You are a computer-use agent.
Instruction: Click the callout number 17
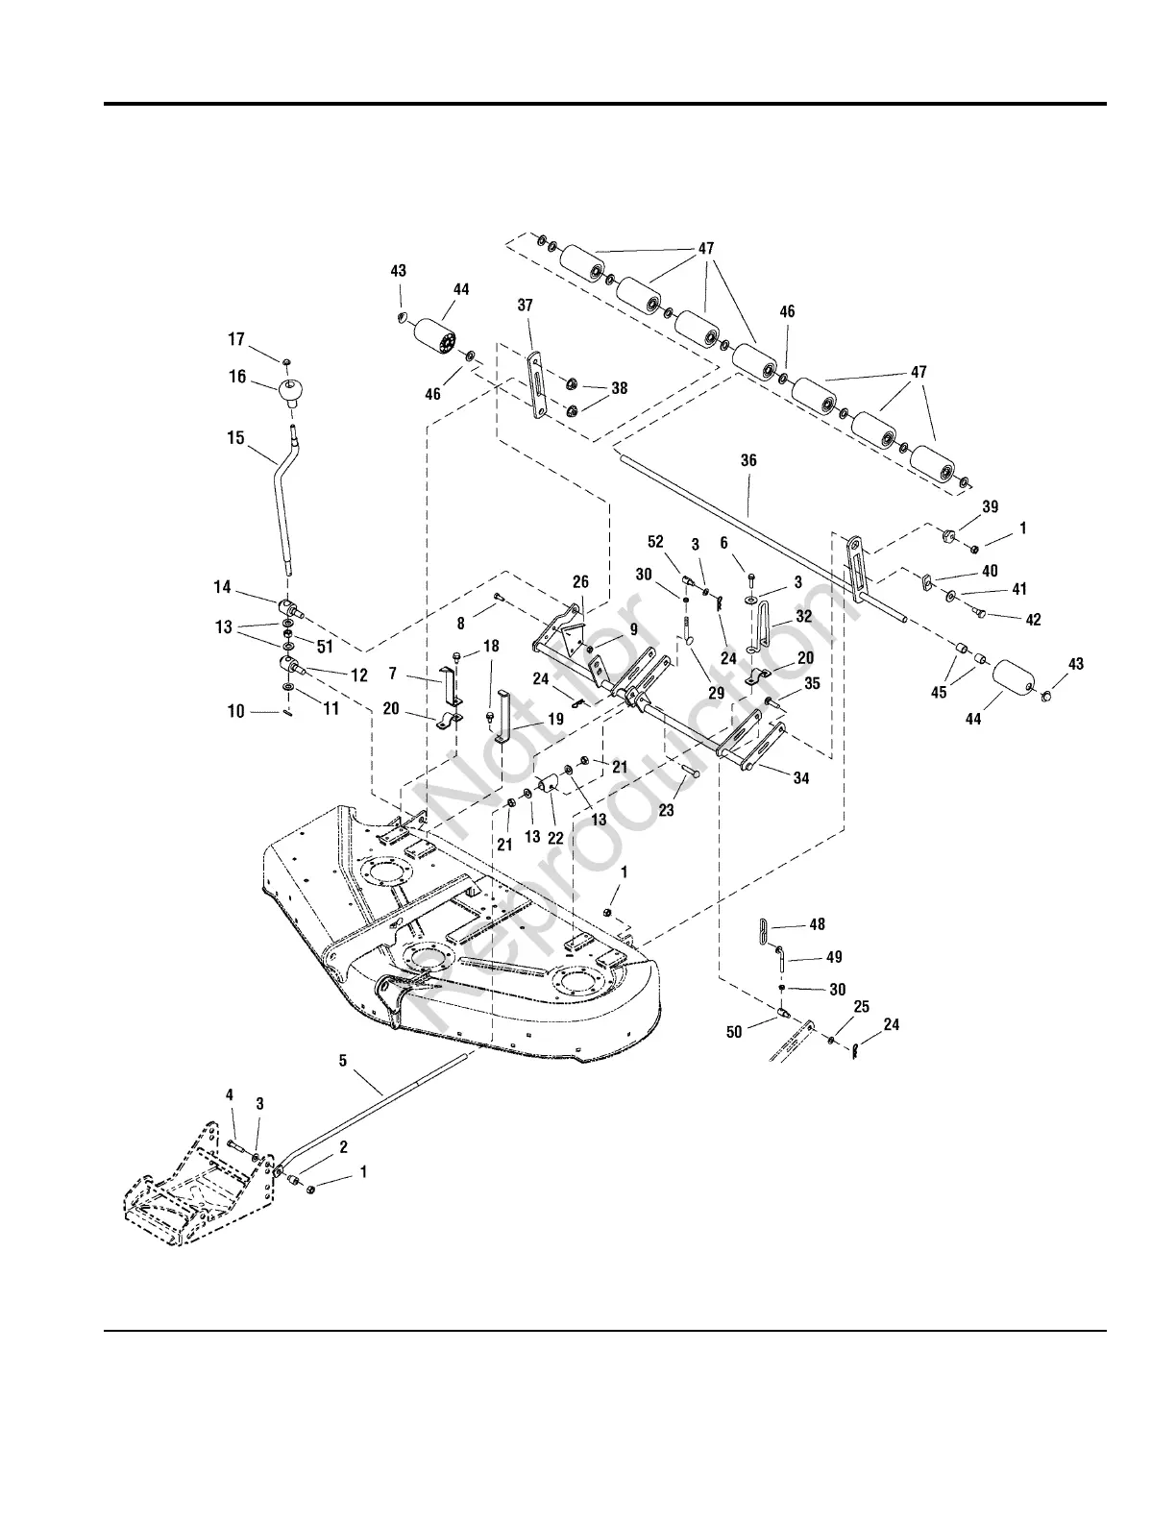tap(236, 339)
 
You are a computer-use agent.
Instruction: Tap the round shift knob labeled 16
tap(291, 391)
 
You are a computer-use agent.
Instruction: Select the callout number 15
tap(235, 437)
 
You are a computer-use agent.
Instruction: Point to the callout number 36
tap(748, 460)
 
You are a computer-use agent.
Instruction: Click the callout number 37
tap(525, 305)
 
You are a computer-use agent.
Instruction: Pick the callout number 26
tap(580, 582)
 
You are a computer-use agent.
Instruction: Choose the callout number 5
tap(343, 1061)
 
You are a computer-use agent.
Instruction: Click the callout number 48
tap(817, 924)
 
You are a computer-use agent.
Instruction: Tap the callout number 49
tap(834, 957)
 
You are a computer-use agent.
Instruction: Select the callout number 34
tap(800, 778)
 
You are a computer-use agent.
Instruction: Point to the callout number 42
tap(1033, 620)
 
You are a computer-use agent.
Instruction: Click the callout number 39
tap(990, 506)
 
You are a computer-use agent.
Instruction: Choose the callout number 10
tap(236, 712)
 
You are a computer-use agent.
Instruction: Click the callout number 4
tap(230, 1094)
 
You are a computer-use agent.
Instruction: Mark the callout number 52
tap(656, 571)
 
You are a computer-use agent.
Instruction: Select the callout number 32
tap(803, 617)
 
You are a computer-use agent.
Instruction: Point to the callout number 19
tap(555, 718)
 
